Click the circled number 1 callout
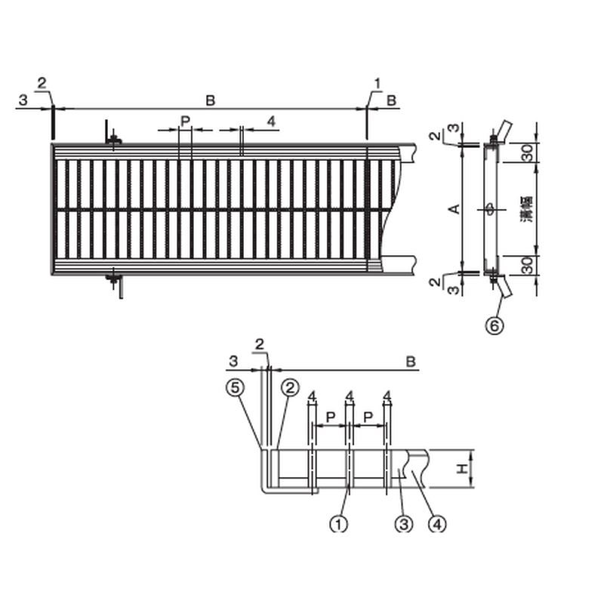[340, 524]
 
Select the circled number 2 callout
[288, 388]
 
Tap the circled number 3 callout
[404, 524]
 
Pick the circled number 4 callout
[436, 524]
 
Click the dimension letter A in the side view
[454, 208]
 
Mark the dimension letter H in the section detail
[461, 469]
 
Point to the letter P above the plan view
[185, 121]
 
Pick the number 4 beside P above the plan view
[271, 121]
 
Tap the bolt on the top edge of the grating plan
[114, 139]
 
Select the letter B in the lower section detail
[411, 362]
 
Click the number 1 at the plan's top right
[377, 81]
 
